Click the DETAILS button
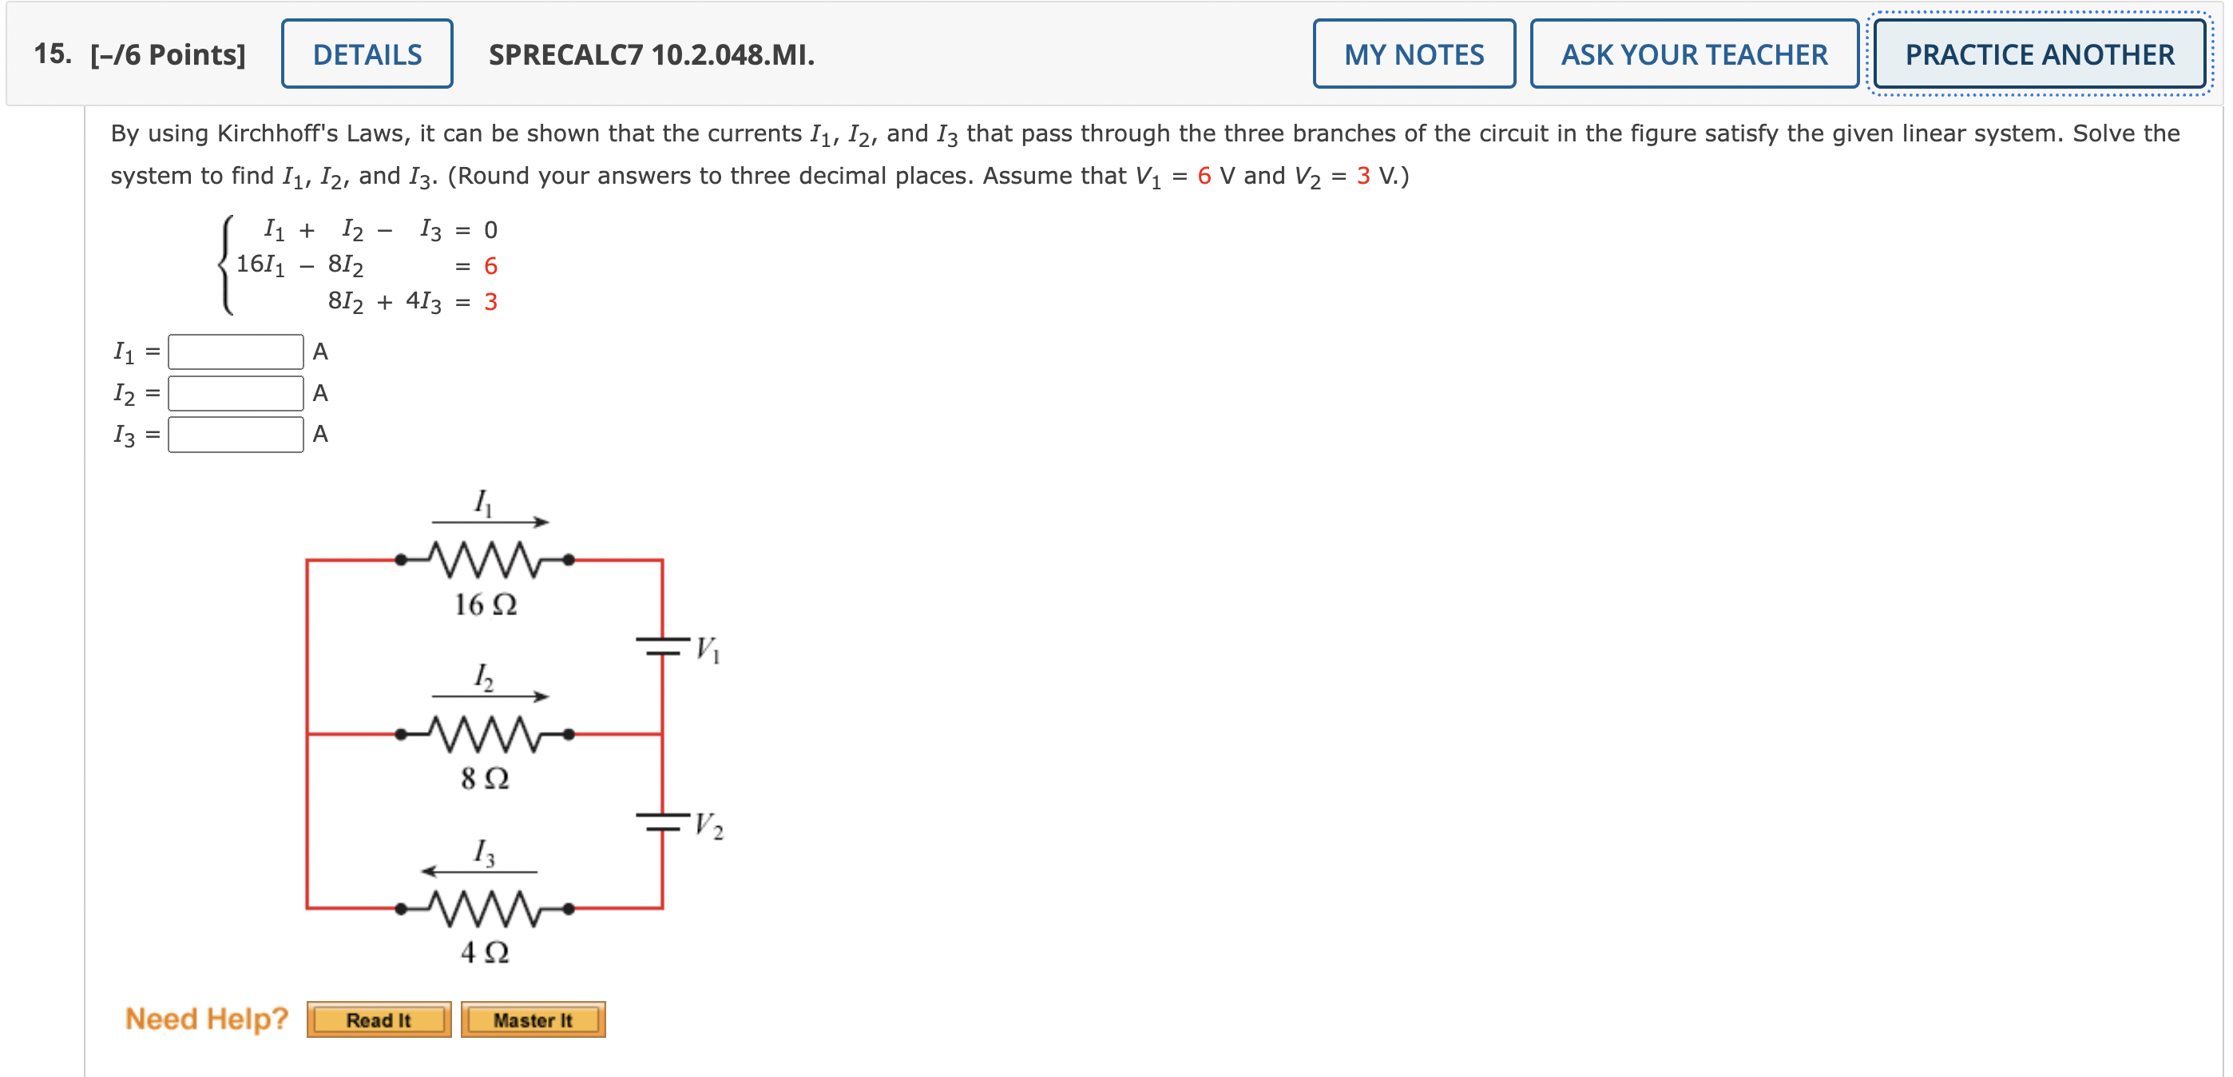click(x=367, y=54)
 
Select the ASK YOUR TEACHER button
click(x=1694, y=54)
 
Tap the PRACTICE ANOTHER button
click(x=2039, y=54)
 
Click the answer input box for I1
click(x=236, y=352)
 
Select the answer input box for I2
click(x=236, y=393)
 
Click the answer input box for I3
click(x=236, y=435)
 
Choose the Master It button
click(x=533, y=1019)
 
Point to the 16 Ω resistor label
click(x=486, y=604)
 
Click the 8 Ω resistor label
click(x=485, y=778)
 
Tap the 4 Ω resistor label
click(x=485, y=952)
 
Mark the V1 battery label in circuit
click(x=708, y=649)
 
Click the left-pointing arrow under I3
click(x=479, y=871)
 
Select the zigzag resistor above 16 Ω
click(x=485, y=560)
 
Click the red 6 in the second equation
click(x=490, y=266)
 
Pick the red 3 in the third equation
click(x=490, y=302)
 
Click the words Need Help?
click(x=206, y=1019)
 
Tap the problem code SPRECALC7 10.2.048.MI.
click(x=652, y=54)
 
